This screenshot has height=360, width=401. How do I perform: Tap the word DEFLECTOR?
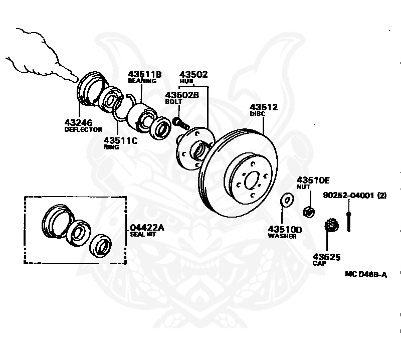coord(83,129)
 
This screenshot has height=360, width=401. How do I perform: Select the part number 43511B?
coord(144,74)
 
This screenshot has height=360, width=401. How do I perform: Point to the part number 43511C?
coord(120,140)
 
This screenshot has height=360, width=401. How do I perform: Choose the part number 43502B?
coord(182,95)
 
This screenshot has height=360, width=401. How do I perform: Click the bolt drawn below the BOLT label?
coord(179,122)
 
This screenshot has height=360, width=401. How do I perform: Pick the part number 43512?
coord(264,107)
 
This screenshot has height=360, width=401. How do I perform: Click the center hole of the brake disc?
coord(252,179)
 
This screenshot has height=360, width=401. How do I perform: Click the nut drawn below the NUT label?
coord(309,212)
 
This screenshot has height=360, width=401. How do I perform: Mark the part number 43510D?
coord(285,229)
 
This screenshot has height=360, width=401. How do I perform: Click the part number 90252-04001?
coord(348,195)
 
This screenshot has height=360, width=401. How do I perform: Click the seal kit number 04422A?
coord(147,227)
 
